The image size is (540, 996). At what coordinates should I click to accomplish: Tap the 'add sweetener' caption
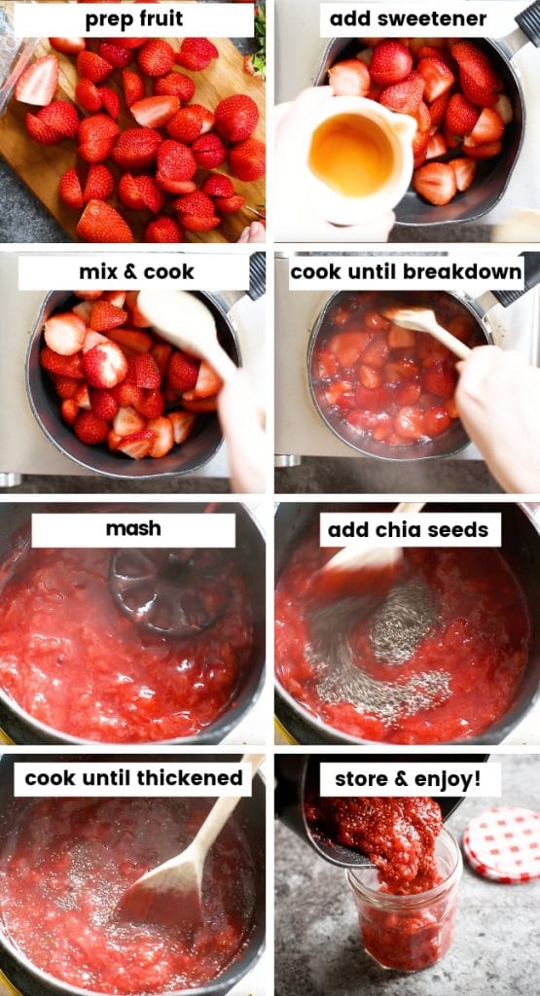point(408,19)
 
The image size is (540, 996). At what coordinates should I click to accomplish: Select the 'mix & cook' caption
point(135,272)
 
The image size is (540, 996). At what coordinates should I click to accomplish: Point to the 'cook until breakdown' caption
point(406,272)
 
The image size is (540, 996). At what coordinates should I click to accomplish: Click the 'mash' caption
point(133,530)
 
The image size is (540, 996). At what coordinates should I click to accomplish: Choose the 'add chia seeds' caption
point(410,530)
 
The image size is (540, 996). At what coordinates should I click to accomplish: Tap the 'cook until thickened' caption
point(133,778)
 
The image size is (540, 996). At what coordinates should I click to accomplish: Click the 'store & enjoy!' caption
point(410,779)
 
